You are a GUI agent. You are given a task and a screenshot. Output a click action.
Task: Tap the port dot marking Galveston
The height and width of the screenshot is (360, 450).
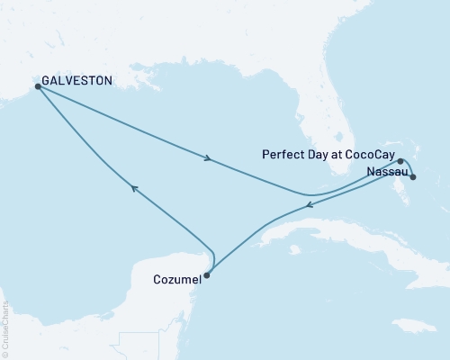37,86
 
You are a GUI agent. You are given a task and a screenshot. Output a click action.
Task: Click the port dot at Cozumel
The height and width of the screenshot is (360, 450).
206,275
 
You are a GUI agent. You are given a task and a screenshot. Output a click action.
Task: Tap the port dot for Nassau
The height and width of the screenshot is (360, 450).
412,177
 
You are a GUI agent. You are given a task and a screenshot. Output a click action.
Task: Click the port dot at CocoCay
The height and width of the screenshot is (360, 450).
400,162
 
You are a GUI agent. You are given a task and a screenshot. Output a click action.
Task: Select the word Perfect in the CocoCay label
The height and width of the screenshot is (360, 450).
282,155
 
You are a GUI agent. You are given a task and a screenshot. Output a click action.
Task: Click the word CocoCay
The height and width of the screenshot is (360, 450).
366,155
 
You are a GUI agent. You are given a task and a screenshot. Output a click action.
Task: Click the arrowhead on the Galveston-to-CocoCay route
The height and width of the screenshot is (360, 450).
209,159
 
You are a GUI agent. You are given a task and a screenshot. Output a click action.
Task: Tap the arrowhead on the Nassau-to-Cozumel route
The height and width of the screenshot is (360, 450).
309,205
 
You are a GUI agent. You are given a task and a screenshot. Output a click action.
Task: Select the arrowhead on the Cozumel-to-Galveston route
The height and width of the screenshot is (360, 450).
134,187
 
